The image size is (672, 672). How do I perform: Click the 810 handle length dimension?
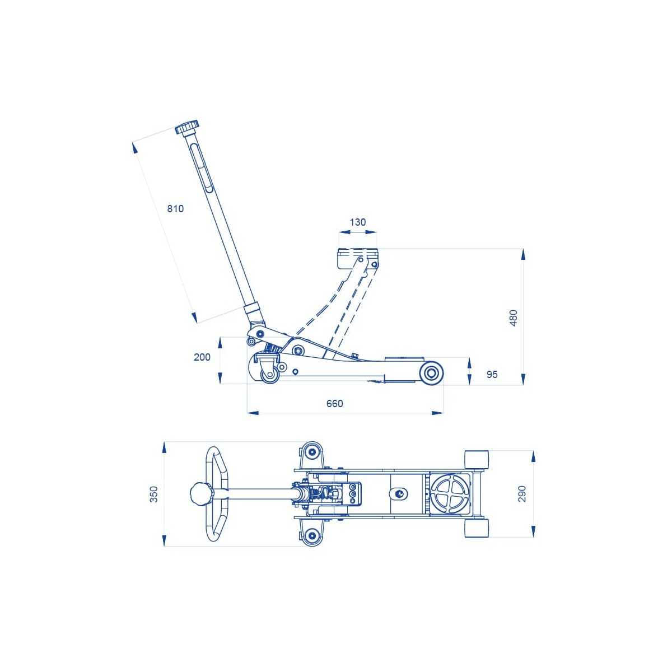coord(175,208)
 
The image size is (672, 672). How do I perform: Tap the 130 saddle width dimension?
coord(357,222)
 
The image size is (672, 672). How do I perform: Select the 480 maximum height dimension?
coord(514,318)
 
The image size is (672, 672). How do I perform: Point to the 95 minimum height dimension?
coord(492,374)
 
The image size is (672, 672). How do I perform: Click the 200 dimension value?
coord(202,357)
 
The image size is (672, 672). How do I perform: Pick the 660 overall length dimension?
coord(335,403)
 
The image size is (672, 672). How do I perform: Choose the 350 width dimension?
coord(154,494)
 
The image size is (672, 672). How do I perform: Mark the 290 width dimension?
coord(522,493)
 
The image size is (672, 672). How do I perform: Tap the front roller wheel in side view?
coord(432,373)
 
